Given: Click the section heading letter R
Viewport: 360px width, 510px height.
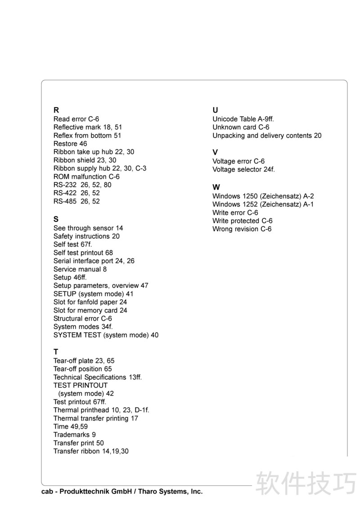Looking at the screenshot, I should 56,110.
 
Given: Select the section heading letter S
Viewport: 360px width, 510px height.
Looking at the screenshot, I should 56,219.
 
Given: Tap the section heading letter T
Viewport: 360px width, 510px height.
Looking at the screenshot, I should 56,352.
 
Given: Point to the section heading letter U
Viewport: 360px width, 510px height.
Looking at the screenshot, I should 215,110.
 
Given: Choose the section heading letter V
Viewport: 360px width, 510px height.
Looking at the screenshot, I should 215,153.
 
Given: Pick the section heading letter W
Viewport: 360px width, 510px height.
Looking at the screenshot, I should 216,187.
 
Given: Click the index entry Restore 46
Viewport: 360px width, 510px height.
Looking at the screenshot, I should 70,144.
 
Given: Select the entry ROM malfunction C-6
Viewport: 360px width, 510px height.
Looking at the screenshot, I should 86,176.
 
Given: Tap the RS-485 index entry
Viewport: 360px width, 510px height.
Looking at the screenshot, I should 76,201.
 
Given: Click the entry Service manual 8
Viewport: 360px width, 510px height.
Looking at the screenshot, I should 80,269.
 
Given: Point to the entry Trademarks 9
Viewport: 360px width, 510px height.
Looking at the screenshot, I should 75,434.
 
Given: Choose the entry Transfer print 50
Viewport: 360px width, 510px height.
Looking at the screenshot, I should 79,443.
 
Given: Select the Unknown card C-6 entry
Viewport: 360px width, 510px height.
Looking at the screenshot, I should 241,127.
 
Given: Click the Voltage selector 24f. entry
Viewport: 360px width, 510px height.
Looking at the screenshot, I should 243,169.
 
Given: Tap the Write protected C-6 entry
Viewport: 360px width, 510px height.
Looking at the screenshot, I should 243,221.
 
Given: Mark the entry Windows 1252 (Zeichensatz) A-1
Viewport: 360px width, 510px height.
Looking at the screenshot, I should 263,204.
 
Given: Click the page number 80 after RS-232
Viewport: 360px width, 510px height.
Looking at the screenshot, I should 107,185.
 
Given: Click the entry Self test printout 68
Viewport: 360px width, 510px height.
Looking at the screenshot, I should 83,253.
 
